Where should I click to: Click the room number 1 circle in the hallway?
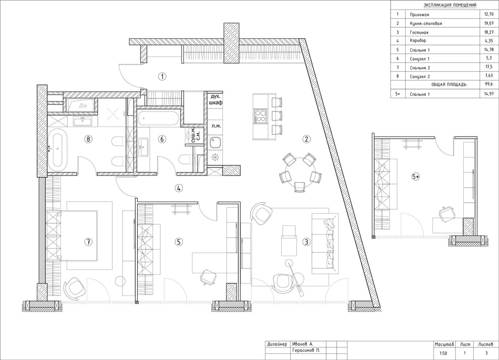[162, 77]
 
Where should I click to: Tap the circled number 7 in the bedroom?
[88, 242]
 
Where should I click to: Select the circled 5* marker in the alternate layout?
[416, 176]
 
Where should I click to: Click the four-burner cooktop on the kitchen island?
[260, 116]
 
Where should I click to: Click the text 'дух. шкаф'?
[215, 99]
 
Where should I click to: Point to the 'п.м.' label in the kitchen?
[216, 126]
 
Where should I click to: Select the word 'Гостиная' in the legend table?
[419, 32]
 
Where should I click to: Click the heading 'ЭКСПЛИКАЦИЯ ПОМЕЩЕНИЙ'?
[450, 5]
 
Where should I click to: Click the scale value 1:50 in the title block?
[443, 353]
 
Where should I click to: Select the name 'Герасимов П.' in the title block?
[306, 350]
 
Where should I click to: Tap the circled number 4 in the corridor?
[179, 188]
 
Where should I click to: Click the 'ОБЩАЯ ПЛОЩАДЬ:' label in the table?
[449, 85]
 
